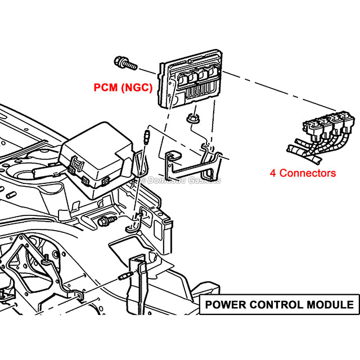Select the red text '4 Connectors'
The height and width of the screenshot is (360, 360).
pos(303,173)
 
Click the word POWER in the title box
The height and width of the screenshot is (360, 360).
pos(224,305)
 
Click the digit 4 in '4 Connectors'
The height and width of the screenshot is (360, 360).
pos(273,173)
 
